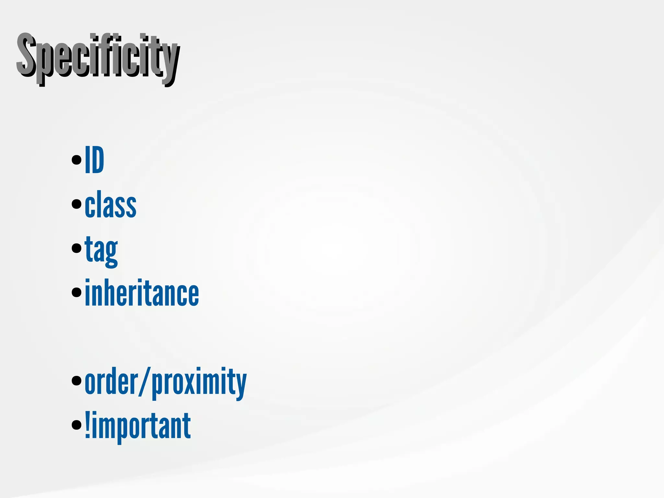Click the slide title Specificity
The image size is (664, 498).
click(x=97, y=58)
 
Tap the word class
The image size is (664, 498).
click(x=111, y=207)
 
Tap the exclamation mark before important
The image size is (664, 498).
click(x=87, y=425)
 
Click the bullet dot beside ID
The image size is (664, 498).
click(x=77, y=160)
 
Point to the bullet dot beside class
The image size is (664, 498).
click(x=77, y=204)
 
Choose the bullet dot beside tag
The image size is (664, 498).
click(x=77, y=248)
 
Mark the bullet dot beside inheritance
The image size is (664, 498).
click(x=77, y=292)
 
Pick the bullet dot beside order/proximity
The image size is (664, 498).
click(x=77, y=381)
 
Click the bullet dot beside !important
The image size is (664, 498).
click(x=77, y=424)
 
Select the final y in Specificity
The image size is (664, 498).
click(x=170, y=63)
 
